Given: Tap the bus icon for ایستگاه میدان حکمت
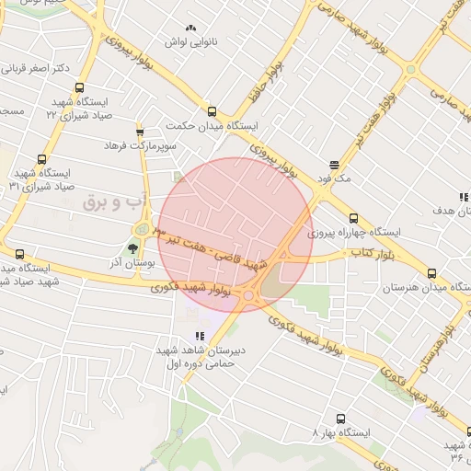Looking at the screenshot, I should [213, 111].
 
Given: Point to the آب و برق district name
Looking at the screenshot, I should [109, 201].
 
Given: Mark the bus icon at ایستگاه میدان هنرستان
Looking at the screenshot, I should [432, 273].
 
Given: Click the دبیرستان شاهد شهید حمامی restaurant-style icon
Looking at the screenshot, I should [198, 338].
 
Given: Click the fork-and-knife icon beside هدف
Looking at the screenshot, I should [463, 197].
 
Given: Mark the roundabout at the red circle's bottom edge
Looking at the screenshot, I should [250, 296].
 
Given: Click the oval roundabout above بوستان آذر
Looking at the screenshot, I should [142, 229].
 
